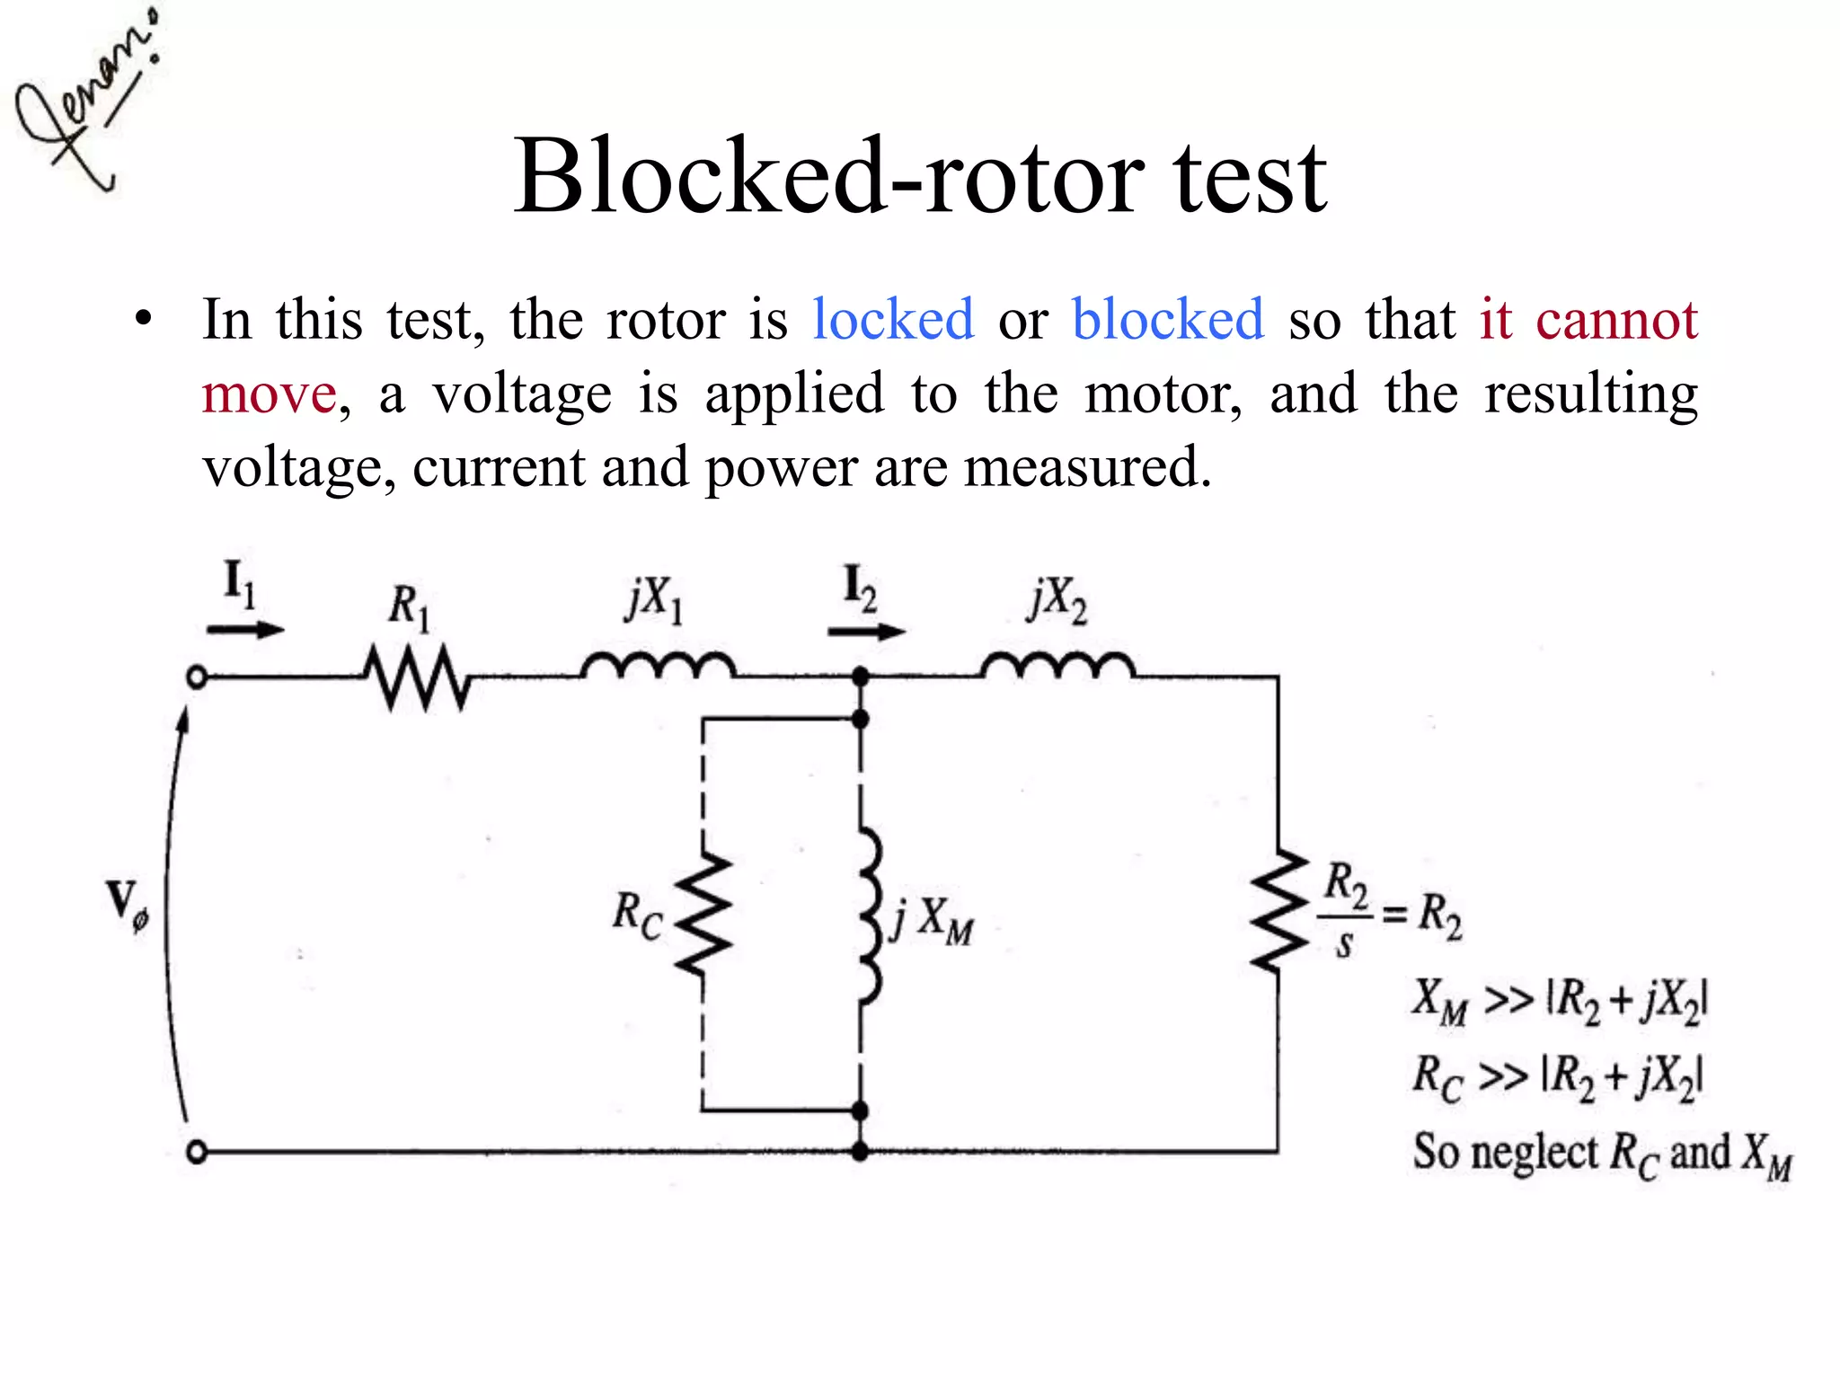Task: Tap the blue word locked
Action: click(x=892, y=319)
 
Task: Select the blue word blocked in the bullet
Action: click(x=1167, y=319)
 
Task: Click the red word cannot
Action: click(x=1615, y=319)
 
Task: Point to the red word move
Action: click(x=269, y=394)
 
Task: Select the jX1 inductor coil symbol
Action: click(x=658, y=667)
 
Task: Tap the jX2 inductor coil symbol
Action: click(x=1057, y=667)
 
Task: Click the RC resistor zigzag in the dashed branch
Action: click(x=704, y=915)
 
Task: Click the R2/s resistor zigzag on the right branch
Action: click(x=1279, y=909)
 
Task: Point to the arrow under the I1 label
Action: click(x=244, y=630)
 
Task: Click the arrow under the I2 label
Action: click(x=865, y=632)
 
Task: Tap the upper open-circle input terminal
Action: click(x=197, y=677)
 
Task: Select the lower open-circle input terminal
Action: click(x=197, y=1152)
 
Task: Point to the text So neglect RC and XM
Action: click(x=1601, y=1154)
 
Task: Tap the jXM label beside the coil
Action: click(x=933, y=921)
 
